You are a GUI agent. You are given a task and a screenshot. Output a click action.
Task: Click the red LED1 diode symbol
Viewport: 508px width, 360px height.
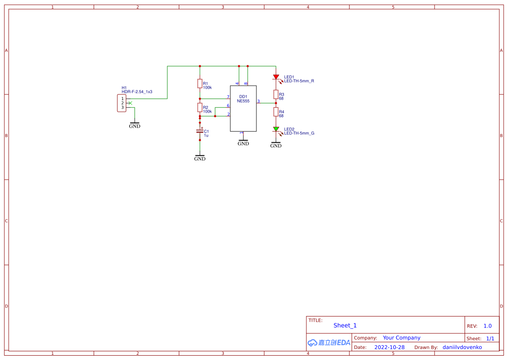pos(276,77)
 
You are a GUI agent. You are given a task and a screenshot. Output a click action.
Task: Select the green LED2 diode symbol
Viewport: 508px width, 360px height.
pos(276,129)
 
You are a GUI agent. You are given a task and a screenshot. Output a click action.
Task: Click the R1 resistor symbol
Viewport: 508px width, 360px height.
pos(200,84)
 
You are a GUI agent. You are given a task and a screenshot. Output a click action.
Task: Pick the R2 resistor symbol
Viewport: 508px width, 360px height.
pos(200,108)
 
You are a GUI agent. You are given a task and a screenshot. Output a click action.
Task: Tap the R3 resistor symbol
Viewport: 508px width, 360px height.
pos(276,94)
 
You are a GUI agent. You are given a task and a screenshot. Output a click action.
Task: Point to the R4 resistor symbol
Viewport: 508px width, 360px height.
pos(276,112)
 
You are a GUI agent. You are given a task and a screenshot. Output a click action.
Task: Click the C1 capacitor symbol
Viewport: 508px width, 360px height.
pos(200,131)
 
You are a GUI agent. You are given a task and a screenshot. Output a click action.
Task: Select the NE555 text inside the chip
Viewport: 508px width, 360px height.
pos(243,101)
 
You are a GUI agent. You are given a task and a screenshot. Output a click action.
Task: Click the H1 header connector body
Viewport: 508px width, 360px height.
pos(122,103)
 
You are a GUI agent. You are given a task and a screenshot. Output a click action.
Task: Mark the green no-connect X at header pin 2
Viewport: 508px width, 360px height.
pos(130,103)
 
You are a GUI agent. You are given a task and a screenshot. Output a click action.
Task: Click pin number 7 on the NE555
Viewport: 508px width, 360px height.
pos(228,97)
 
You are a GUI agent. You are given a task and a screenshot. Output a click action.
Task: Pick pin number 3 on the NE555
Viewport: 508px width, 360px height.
pos(259,101)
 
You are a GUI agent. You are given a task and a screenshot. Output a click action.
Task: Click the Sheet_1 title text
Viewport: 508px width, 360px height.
pos(345,325)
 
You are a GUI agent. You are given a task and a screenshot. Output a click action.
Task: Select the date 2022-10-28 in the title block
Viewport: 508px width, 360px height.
pos(389,347)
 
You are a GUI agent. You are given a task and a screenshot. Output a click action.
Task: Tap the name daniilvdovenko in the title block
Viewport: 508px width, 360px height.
pos(462,347)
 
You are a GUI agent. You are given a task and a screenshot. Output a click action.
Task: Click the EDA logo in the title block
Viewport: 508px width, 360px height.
pos(329,343)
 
